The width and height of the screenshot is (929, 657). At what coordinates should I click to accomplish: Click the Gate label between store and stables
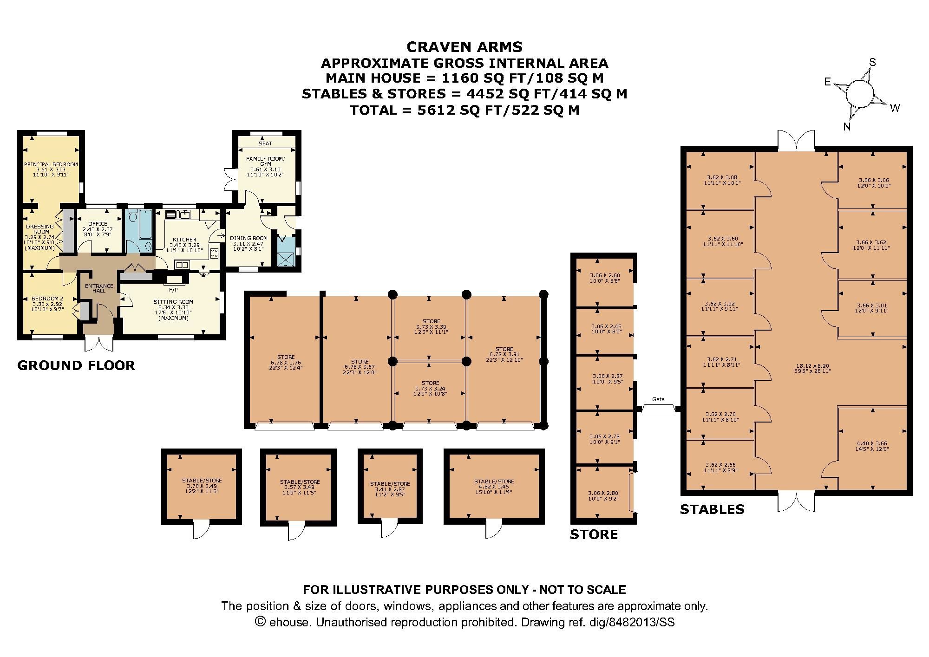pyautogui.click(x=658, y=399)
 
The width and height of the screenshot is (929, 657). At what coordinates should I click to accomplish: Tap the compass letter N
pyautogui.click(x=846, y=127)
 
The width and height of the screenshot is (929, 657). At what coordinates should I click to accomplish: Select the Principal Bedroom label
pyautogui.click(x=51, y=164)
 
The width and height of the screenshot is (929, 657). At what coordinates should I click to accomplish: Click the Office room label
pyautogui.click(x=98, y=224)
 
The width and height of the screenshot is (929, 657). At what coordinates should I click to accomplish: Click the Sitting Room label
pyautogui.click(x=173, y=302)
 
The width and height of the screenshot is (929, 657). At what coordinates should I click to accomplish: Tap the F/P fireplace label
pyautogui.click(x=173, y=290)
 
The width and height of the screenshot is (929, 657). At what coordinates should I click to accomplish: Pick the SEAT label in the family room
pyautogui.click(x=266, y=143)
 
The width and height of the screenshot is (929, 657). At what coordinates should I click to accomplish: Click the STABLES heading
pyautogui.click(x=712, y=510)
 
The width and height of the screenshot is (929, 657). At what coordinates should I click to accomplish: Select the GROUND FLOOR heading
pyautogui.click(x=76, y=365)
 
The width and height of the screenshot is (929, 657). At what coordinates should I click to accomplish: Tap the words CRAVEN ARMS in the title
pyautogui.click(x=464, y=47)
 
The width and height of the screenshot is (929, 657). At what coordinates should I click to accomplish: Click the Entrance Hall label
pyautogui.click(x=98, y=288)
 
